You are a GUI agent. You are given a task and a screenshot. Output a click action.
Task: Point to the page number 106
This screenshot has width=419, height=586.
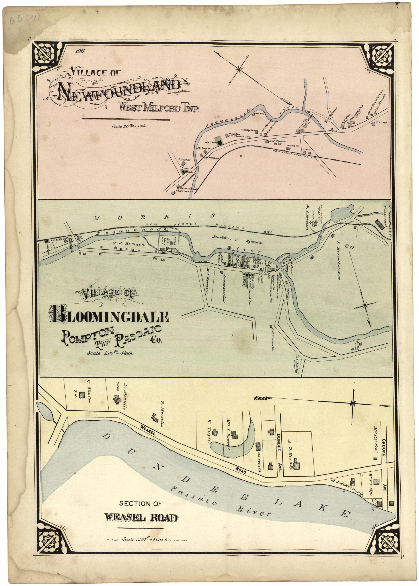point(80,51)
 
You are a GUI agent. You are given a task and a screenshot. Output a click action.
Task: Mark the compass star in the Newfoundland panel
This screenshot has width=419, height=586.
point(239,69)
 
